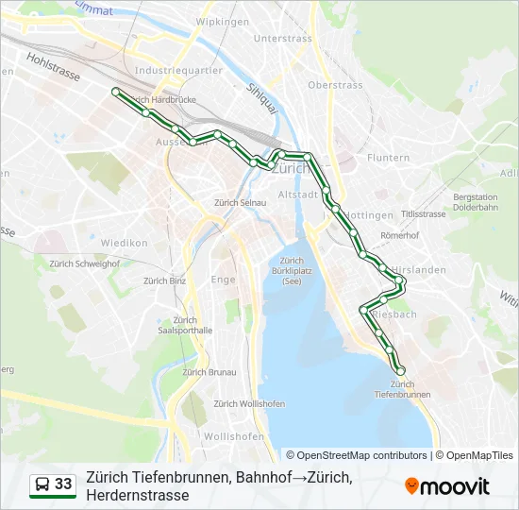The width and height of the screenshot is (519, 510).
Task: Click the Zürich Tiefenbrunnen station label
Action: click(x=402, y=389)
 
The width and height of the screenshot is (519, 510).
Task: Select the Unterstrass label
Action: click(x=282, y=39)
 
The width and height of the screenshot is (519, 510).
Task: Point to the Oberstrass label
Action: click(x=335, y=85)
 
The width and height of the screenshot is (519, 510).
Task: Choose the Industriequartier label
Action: click(x=178, y=70)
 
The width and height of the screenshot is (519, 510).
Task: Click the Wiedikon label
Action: click(x=126, y=243)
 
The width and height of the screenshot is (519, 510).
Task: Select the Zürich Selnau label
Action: click(x=241, y=202)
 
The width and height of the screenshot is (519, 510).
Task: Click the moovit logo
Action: click(x=447, y=486)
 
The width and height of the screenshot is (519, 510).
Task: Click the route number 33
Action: click(x=63, y=484)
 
